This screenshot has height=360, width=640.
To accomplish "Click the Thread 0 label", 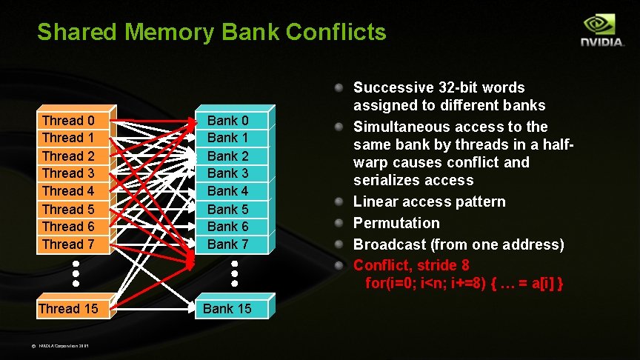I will [x=68, y=120].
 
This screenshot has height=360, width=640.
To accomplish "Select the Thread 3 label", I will [x=68, y=173].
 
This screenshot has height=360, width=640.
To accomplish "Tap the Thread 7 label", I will [x=68, y=244].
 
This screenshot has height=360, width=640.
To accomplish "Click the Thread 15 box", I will [x=68, y=308].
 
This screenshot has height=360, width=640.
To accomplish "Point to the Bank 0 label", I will [x=227, y=120].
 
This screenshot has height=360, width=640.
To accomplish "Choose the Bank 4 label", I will [x=227, y=191].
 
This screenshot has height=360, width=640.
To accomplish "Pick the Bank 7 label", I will [x=227, y=244].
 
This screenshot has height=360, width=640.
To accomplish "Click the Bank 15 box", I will [x=227, y=308].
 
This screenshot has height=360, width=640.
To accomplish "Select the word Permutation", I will [x=396, y=223].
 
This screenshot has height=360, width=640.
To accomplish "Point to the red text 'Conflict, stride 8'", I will [x=411, y=264].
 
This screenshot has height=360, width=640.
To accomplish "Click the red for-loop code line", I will [x=464, y=283].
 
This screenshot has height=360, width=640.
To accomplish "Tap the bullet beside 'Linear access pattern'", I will [x=339, y=202].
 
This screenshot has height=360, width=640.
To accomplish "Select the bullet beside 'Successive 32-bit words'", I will [x=339, y=88].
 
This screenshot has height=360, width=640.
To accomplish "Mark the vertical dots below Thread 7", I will [x=76, y=273].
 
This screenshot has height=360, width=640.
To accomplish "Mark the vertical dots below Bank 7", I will [x=234, y=273].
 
